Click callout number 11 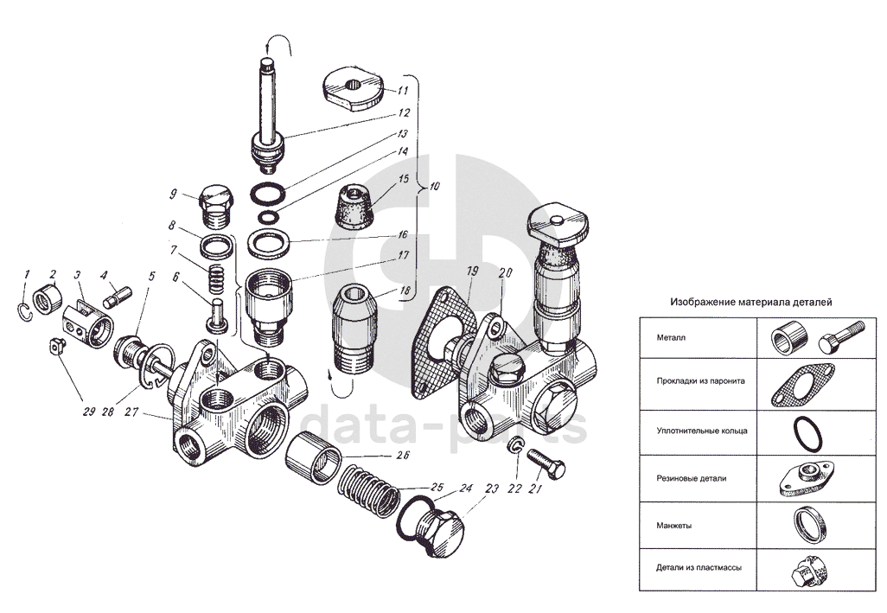point(402,91)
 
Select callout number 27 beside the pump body point(131,412)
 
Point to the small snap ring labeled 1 point(22,311)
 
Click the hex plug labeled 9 point(215,207)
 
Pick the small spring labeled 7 point(217,278)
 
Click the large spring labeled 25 point(369,490)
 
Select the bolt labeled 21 point(546,463)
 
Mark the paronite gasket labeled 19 point(443,342)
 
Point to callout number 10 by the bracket point(435,186)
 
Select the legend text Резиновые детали point(692,478)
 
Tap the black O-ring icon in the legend point(807,434)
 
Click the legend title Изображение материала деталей point(751,302)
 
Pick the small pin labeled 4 point(118,297)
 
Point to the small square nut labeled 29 point(55,346)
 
